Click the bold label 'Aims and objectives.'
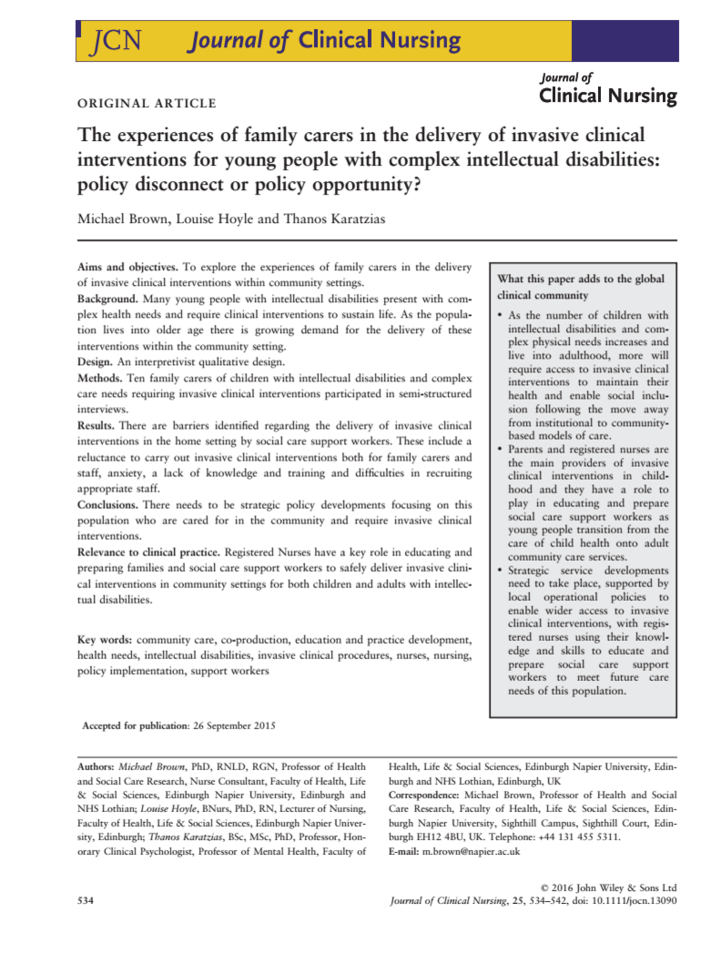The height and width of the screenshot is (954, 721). tap(127, 268)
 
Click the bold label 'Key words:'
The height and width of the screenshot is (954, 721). tap(106, 640)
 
